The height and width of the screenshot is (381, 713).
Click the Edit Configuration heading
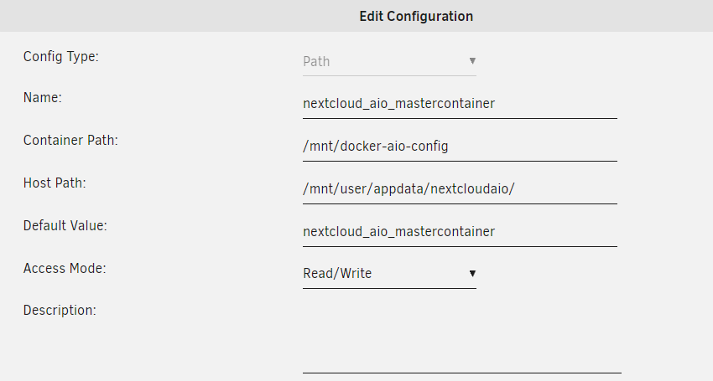click(x=416, y=17)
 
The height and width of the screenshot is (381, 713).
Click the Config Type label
click(x=61, y=57)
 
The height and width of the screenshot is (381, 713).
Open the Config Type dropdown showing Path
click(x=389, y=62)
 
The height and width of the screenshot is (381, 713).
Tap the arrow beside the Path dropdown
click(x=472, y=61)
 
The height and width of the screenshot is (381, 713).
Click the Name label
click(x=42, y=98)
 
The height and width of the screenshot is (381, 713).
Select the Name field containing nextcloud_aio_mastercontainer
click(x=460, y=104)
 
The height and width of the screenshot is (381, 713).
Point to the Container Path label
click(x=70, y=141)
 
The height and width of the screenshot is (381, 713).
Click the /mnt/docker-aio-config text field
click(x=460, y=147)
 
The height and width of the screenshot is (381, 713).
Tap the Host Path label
click(x=55, y=183)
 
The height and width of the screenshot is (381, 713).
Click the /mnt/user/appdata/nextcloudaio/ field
click(x=460, y=189)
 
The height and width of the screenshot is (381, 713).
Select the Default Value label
click(x=65, y=226)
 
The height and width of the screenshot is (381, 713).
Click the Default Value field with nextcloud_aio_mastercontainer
click(x=460, y=232)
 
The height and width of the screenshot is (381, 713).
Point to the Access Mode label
click(x=65, y=269)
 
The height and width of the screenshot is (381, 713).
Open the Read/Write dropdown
click(x=389, y=274)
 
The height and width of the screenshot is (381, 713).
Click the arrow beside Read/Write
click(x=472, y=273)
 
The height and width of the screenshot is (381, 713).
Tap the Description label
click(x=60, y=311)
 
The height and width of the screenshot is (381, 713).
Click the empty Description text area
click(x=462, y=337)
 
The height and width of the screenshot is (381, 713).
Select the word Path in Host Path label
click(x=70, y=183)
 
